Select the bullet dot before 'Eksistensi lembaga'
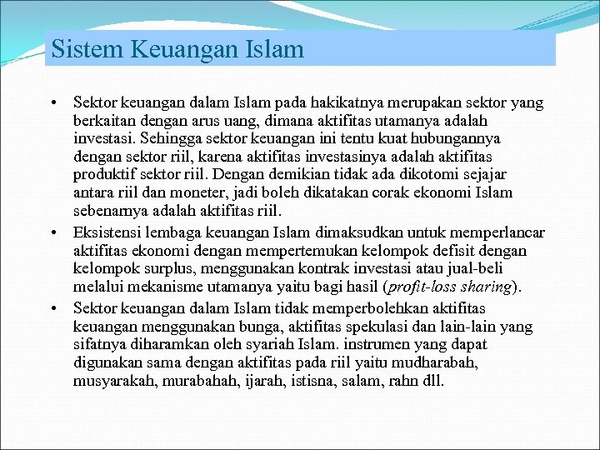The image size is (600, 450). (x=52, y=232)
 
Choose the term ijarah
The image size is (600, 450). (x=257, y=381)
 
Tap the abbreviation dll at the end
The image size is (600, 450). (x=433, y=381)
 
